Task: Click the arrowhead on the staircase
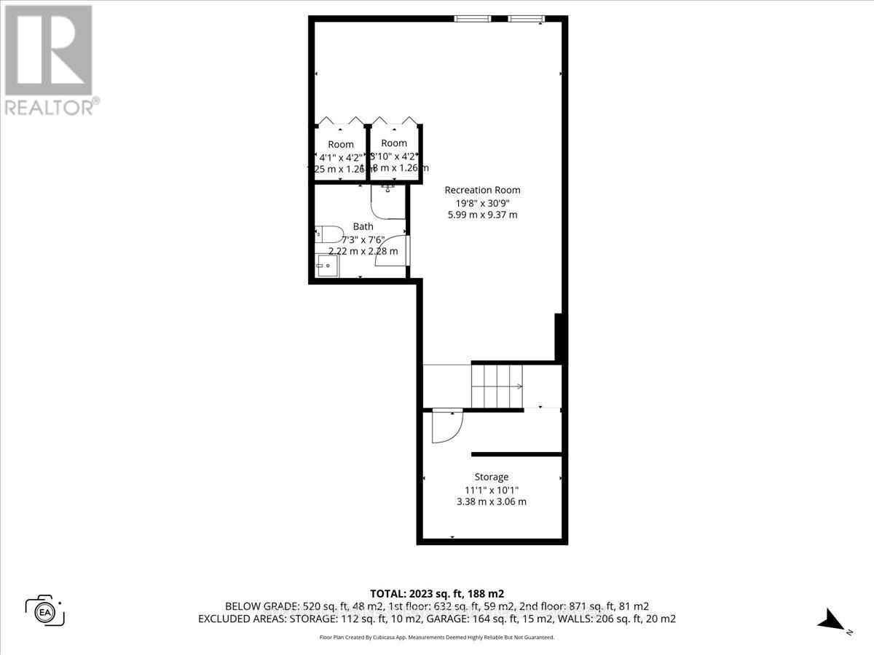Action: tap(520, 386)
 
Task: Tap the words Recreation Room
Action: tap(483, 190)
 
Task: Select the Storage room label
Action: tap(492, 477)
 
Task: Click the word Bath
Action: tap(363, 226)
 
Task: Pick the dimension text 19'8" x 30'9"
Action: tap(483, 202)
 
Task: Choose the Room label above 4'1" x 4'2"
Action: tap(341, 144)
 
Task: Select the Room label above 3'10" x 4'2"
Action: tap(394, 143)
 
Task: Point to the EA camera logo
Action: tap(45, 609)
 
